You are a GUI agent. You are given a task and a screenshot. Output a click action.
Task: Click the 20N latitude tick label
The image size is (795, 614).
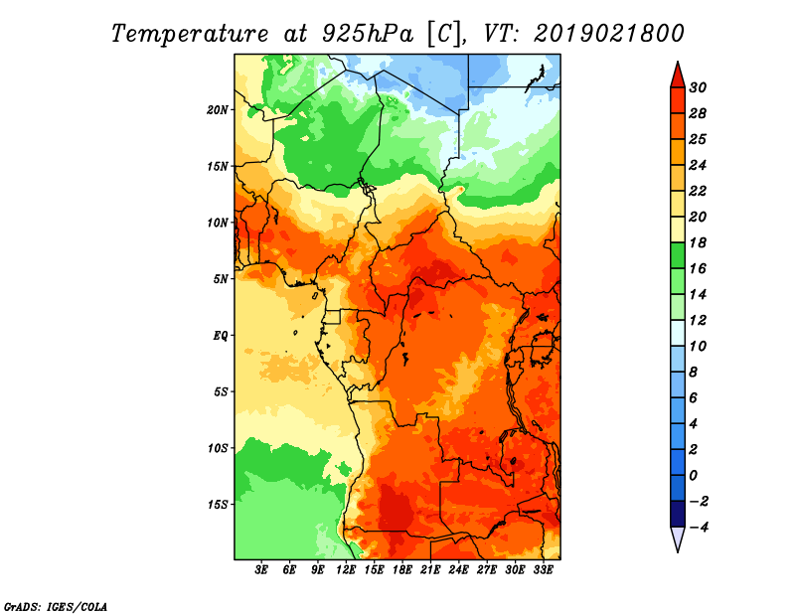(217, 110)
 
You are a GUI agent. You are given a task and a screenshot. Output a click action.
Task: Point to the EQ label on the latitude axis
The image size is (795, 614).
(220, 336)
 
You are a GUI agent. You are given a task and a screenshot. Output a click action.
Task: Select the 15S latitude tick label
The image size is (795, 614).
(218, 505)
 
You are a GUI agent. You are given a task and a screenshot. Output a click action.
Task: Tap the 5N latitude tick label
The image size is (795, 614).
(221, 279)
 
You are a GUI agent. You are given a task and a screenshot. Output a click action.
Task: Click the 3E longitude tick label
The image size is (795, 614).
(261, 569)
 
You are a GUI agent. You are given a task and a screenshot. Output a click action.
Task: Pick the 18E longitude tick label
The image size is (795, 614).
(402, 569)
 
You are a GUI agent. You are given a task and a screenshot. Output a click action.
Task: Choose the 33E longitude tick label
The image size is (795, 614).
(543, 569)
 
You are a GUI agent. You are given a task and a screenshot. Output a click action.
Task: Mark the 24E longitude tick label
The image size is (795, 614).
(458, 569)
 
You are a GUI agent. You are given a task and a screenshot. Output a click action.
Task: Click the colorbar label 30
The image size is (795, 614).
(698, 87)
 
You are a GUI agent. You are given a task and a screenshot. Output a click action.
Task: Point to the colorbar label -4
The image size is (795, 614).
(699, 528)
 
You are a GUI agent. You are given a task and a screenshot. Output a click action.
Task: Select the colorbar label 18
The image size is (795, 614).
(698, 242)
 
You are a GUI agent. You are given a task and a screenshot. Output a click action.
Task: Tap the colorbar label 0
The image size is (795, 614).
(693, 476)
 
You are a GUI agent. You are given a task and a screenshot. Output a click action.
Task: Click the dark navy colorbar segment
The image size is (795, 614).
(678, 514)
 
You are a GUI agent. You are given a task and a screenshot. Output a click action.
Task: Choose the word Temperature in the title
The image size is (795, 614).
(190, 34)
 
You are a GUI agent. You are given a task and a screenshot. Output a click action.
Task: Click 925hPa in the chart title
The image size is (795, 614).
(368, 34)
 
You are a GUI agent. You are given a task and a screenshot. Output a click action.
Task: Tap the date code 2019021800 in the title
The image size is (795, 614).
(608, 34)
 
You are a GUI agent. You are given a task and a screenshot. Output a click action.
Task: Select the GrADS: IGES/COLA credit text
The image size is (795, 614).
(56, 607)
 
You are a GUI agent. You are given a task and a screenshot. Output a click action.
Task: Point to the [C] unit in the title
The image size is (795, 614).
(444, 35)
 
